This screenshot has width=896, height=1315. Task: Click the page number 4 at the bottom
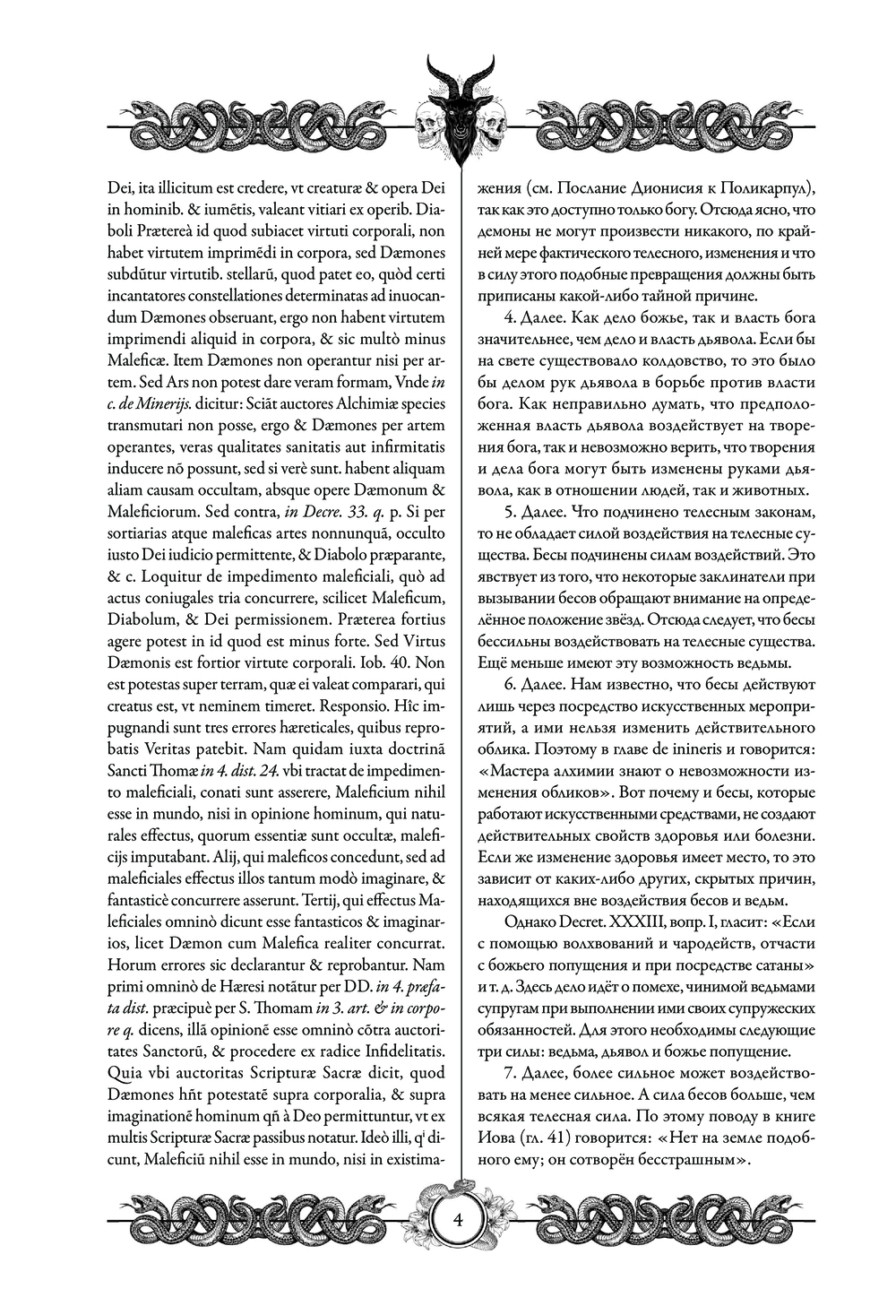(459, 1221)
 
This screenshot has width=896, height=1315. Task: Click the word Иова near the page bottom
(494, 1138)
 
